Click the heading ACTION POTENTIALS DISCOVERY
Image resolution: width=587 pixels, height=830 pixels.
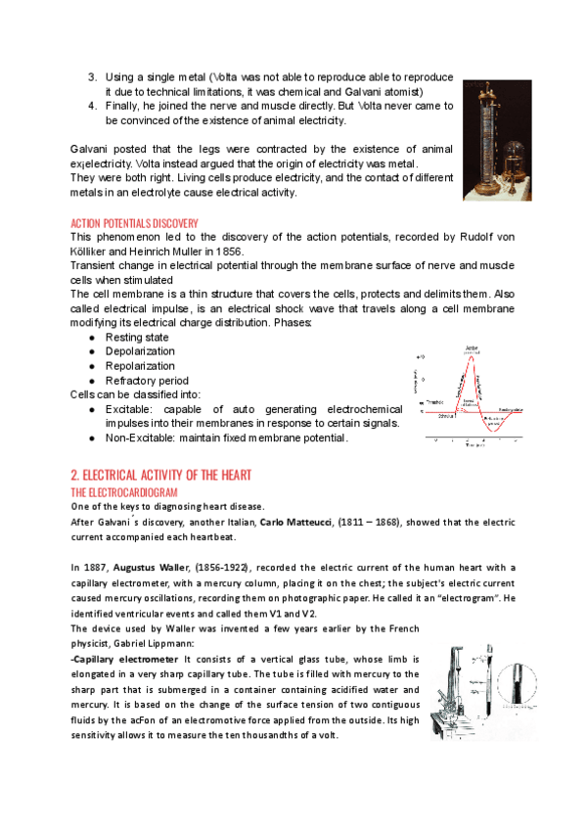click(x=134, y=223)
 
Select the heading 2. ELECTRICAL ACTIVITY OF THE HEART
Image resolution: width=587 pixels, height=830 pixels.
click(x=161, y=475)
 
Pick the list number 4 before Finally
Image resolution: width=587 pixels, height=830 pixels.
click(x=92, y=106)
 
